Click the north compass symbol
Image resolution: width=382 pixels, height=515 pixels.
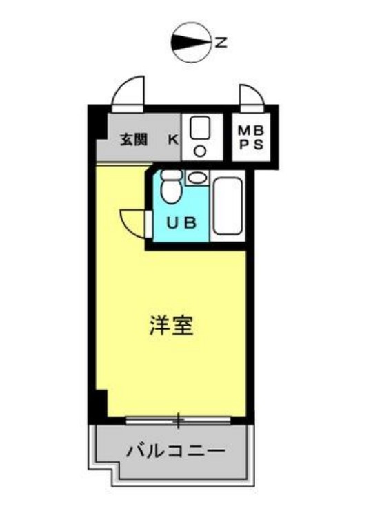191,43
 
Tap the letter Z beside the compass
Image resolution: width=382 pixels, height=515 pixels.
220,43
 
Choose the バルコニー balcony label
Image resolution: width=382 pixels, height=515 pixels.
175,452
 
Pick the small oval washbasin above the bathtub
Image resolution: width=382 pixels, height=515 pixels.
195,178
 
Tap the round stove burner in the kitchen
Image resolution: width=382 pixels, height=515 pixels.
201,150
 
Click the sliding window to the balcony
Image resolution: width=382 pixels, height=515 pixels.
179,419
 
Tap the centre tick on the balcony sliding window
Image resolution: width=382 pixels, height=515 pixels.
179,419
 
